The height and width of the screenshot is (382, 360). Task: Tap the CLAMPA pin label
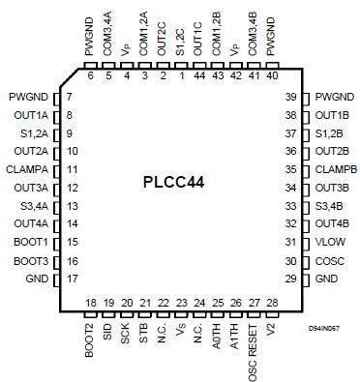[29, 168]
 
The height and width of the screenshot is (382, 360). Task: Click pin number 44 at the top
[197, 74]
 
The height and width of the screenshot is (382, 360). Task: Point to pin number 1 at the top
[179, 74]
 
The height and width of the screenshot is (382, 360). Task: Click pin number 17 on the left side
[73, 278]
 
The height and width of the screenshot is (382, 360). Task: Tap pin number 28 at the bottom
[272, 304]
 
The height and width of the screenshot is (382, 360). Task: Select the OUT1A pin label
[33, 114]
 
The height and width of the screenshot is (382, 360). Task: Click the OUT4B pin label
[332, 222]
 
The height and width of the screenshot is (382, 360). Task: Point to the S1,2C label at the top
[179, 47]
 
